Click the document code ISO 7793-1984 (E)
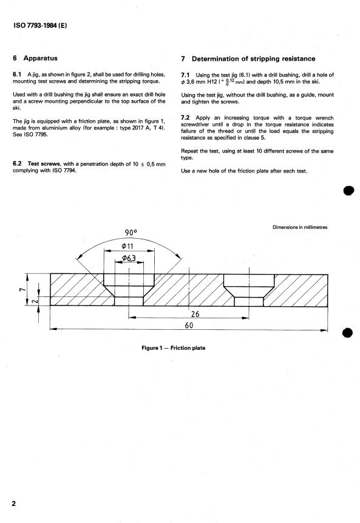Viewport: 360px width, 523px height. [x=40, y=26]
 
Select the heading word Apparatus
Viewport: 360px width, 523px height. [x=40, y=58]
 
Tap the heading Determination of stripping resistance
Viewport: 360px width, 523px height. [x=253, y=59]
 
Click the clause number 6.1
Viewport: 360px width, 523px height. [x=17, y=74]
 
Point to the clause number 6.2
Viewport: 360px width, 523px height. [x=17, y=163]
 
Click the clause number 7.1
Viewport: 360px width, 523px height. [x=185, y=75]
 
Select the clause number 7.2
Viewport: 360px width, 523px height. [x=185, y=118]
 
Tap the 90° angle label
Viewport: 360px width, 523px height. [x=131, y=232]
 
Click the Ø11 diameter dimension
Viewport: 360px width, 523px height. [x=127, y=246]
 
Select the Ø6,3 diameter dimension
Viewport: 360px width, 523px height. [x=129, y=258]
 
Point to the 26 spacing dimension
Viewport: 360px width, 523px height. [x=195, y=314]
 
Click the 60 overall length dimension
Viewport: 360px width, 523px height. [x=189, y=325]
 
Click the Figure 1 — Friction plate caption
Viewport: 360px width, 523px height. [x=174, y=348]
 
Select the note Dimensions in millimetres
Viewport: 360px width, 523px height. [x=300, y=227]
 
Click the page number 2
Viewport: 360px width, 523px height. [x=14, y=504]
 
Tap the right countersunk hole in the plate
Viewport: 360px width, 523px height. [x=249, y=290]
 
